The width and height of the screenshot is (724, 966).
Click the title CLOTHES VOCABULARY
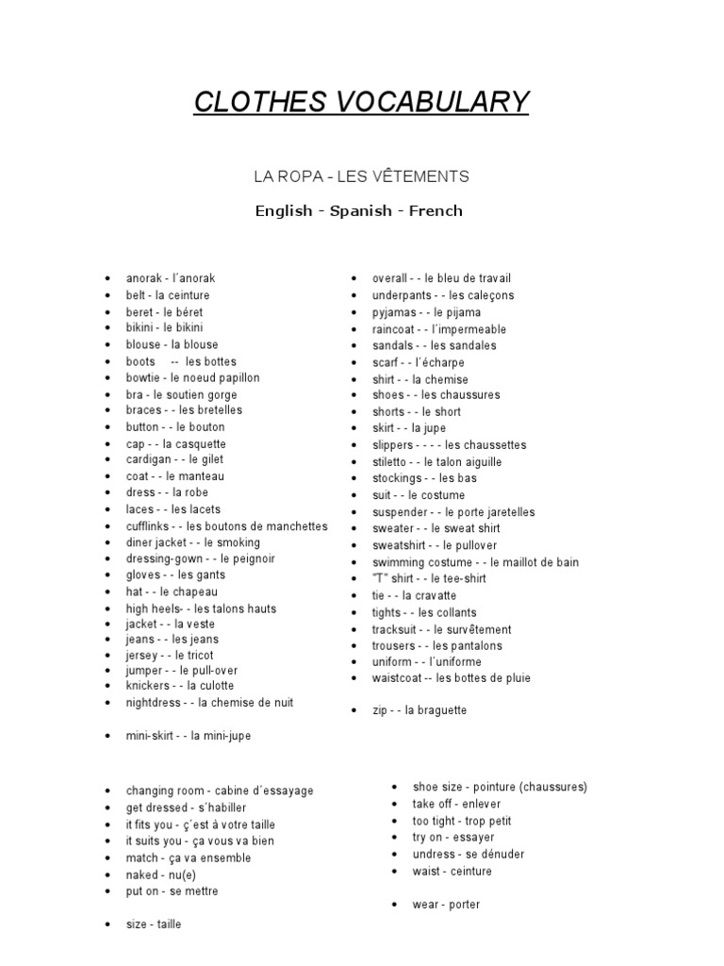pyautogui.click(x=361, y=102)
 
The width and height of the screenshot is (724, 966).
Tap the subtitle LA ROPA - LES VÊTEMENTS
pyautogui.click(x=361, y=176)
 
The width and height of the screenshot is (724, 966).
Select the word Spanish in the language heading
pyautogui.click(x=360, y=210)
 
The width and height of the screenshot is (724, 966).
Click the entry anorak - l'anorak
pyautogui.click(x=171, y=278)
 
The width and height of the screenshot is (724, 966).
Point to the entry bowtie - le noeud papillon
pyautogui.click(x=192, y=377)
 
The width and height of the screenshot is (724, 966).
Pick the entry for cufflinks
pyautogui.click(x=226, y=525)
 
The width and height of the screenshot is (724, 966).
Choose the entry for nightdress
pyautogui.click(x=209, y=703)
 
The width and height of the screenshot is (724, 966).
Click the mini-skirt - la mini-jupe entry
pyautogui.click(x=189, y=736)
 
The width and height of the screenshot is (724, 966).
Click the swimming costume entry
pyautogui.click(x=475, y=562)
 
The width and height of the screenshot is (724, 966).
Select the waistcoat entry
pyautogui.click(x=451, y=677)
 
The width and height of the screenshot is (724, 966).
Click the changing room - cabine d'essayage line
pyautogui.click(x=220, y=791)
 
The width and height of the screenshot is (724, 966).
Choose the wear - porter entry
pyautogui.click(x=446, y=905)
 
